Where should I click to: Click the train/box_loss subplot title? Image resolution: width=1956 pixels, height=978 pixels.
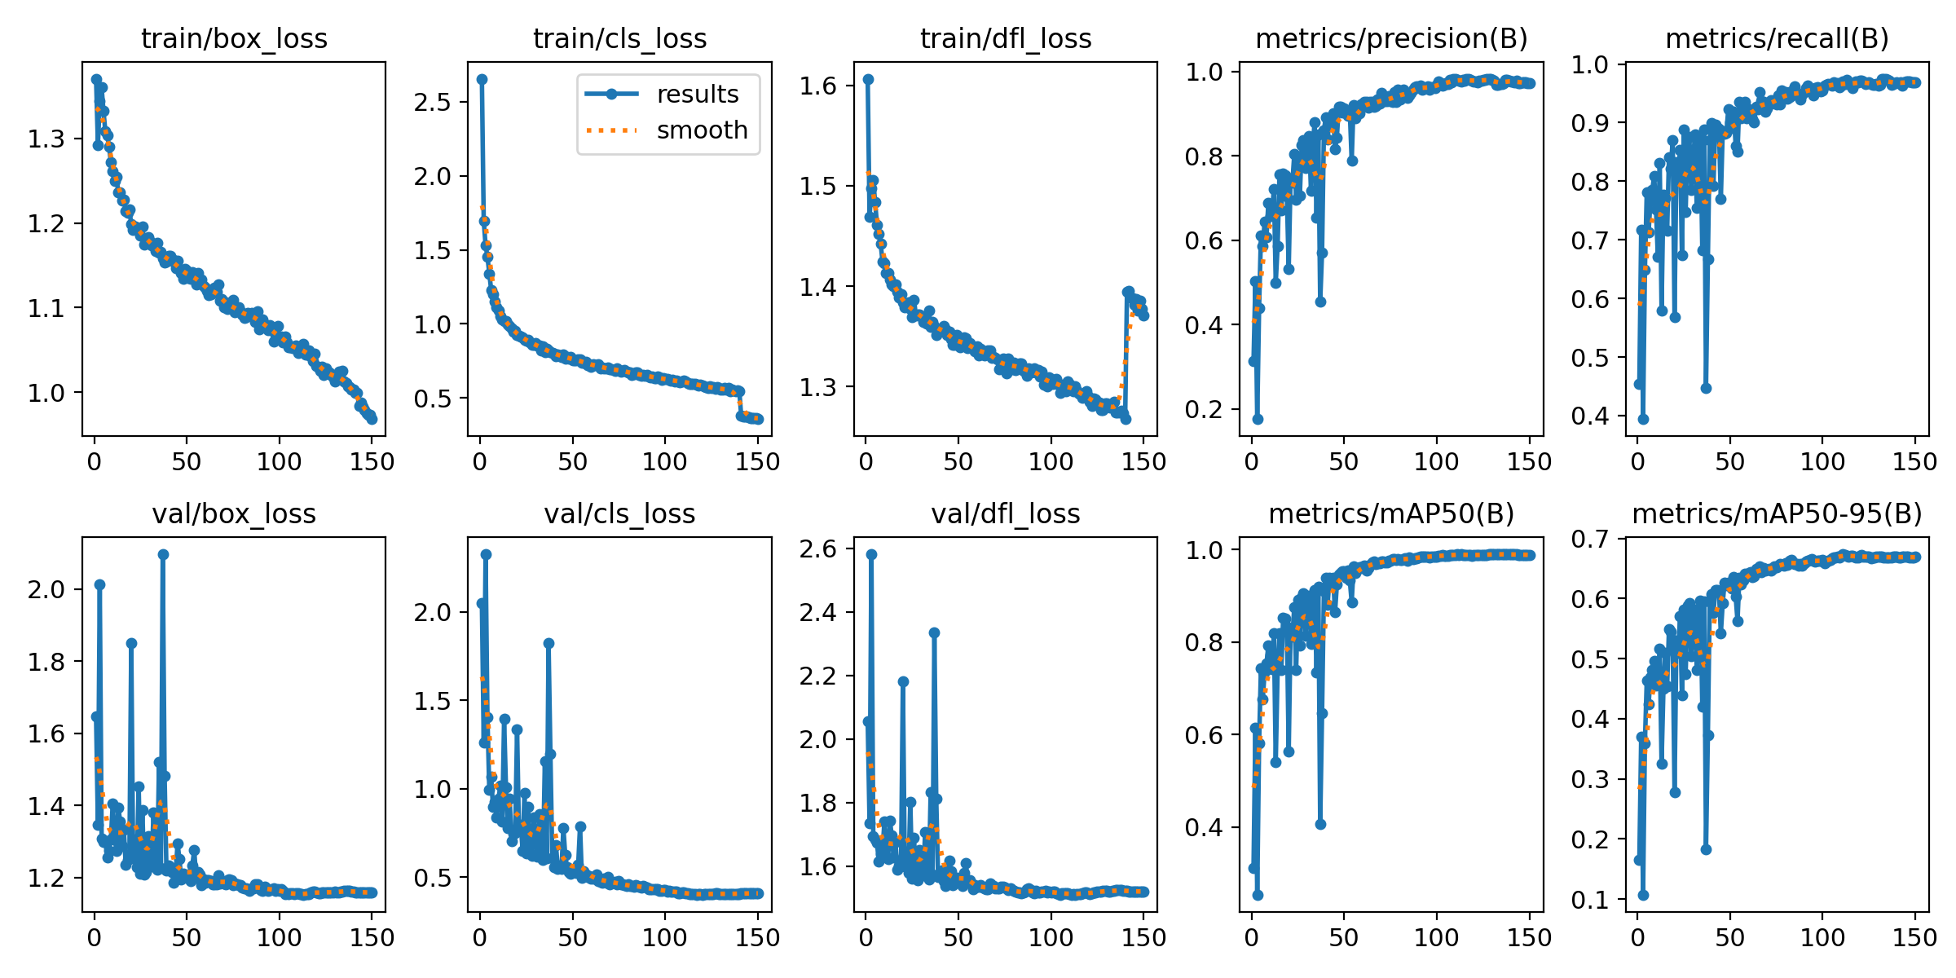click(234, 38)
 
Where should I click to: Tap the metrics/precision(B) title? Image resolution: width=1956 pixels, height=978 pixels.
click(1391, 38)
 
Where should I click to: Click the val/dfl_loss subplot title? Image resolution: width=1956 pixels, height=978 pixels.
click(1006, 513)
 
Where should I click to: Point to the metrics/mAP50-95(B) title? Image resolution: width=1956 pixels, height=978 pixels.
click(1777, 513)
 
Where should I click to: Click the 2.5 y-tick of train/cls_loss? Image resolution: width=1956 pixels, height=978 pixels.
click(432, 102)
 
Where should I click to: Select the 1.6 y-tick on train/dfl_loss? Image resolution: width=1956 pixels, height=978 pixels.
click(818, 86)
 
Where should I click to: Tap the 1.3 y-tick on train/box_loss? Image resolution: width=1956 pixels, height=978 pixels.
click(46, 139)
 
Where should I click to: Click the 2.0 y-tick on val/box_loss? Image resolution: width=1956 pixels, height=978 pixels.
click(46, 589)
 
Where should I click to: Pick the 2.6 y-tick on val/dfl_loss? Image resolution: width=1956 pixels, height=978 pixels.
click(818, 548)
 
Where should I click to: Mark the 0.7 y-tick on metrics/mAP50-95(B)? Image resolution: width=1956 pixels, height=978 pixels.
click(1590, 539)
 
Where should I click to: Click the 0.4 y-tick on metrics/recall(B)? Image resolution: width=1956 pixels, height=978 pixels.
click(1590, 416)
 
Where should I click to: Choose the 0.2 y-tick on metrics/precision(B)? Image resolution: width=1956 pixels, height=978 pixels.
click(1205, 409)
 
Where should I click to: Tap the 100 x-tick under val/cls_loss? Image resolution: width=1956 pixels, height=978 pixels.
click(664, 937)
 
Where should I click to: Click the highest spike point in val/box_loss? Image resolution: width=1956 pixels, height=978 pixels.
click(163, 554)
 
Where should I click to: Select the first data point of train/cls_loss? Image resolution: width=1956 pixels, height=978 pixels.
click(482, 79)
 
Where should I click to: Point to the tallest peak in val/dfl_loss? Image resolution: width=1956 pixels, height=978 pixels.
click(871, 554)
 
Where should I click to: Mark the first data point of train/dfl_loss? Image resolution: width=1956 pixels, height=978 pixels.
click(868, 79)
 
